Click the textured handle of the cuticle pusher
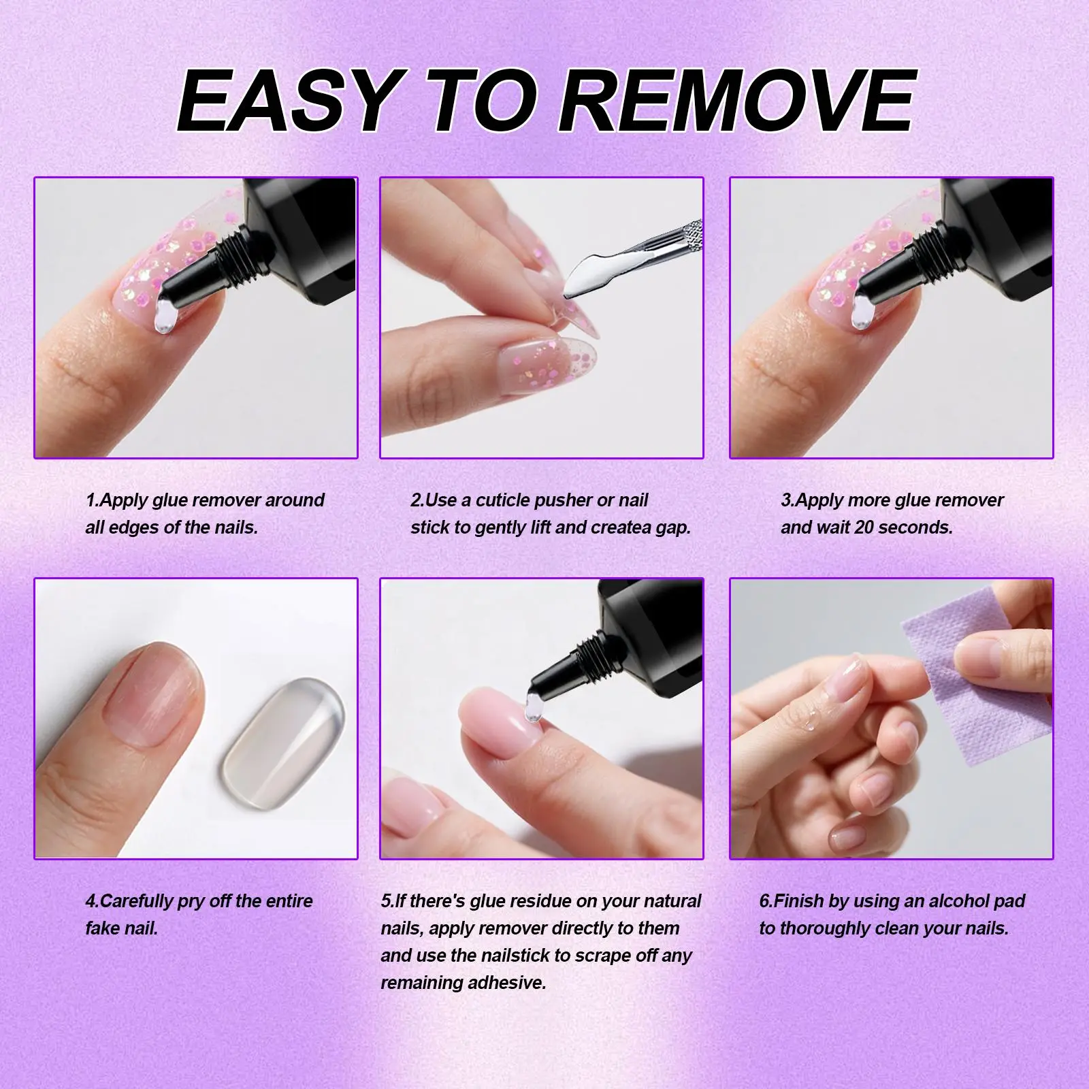(x=681, y=235)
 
